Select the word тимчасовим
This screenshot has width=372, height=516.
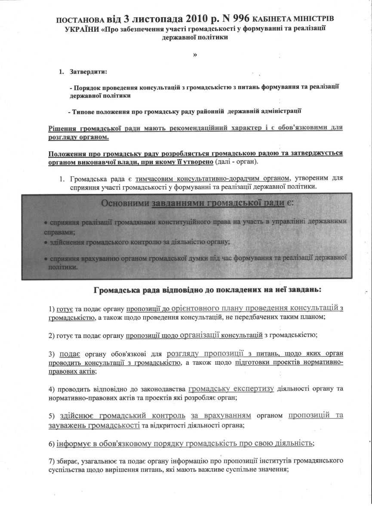(x=153, y=178)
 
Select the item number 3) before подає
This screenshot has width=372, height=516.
(x=52, y=354)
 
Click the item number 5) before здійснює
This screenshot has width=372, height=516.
(x=52, y=416)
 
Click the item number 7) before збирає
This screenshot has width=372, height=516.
(x=52, y=461)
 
